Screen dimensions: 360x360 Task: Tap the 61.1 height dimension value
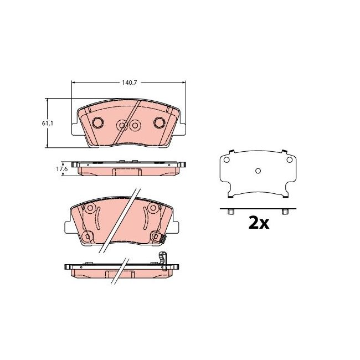coord(47,124)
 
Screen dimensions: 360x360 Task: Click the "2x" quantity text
coord(258,223)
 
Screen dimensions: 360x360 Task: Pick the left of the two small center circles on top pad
coord(122,126)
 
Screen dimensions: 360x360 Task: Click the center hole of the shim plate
coord(258,171)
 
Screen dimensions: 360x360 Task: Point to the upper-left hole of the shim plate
coord(226,160)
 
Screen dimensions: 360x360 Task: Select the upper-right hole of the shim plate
coord(289,160)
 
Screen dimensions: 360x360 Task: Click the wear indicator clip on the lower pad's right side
coord(164,239)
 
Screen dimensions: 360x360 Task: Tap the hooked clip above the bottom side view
coord(162,258)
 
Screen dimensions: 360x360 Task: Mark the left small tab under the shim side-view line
coord(232,212)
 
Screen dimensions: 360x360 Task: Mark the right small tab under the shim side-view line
coord(285,212)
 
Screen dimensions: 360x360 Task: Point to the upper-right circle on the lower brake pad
coord(152,209)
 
